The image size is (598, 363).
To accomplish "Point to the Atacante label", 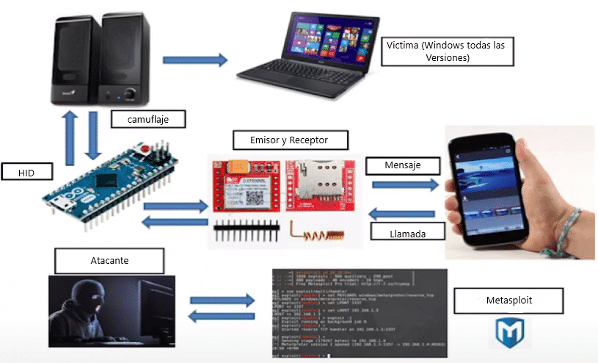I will click(x=108, y=258).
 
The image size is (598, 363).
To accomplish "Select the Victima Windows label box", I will click(x=447, y=51).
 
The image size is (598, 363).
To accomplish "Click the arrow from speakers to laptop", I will click(x=194, y=59).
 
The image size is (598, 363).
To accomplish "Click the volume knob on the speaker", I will click(x=131, y=94).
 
